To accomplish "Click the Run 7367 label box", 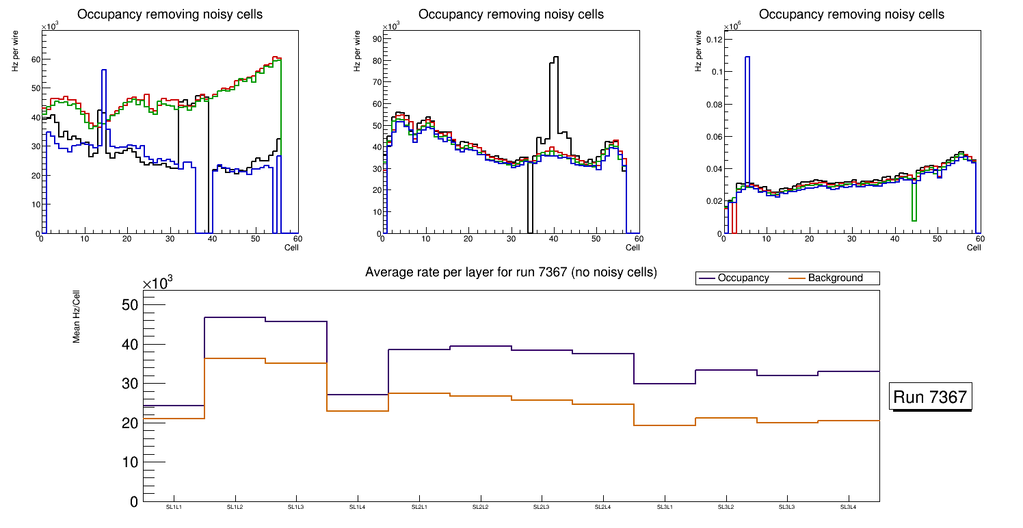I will tap(931, 397).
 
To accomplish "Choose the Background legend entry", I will tap(834, 278).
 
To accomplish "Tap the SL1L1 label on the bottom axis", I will tap(174, 507).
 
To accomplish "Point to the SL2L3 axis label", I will tap(542, 507).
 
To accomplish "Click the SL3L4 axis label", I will tap(848, 507).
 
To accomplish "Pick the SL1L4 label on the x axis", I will tap(358, 507).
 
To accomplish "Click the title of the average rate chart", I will tap(511, 272).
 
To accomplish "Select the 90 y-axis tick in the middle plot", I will tap(376, 39).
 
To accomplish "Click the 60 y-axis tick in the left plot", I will tap(34, 59).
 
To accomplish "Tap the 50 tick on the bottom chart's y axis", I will tap(129, 304).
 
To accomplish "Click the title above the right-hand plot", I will tap(851, 14).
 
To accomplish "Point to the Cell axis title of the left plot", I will tap(291, 247).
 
